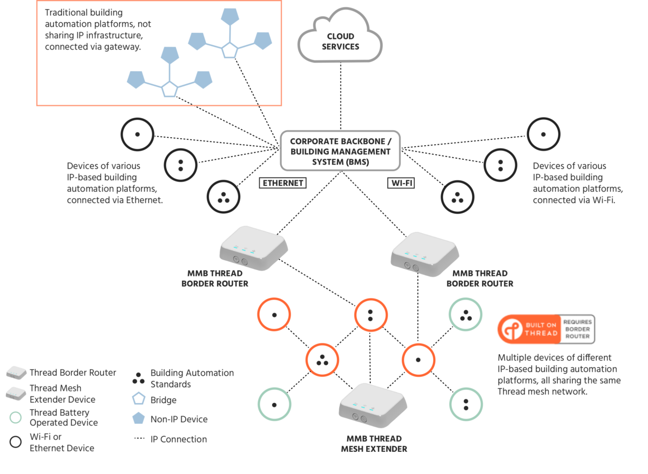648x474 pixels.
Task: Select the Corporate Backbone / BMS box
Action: click(x=340, y=151)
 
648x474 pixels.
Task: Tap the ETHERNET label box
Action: click(x=282, y=183)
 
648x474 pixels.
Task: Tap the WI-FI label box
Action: click(x=401, y=183)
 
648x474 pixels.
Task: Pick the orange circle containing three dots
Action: click(x=322, y=360)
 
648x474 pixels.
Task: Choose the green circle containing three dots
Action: click(x=466, y=315)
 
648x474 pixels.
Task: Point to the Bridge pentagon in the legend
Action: click(x=139, y=399)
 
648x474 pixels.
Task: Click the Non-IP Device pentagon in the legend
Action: click(x=139, y=418)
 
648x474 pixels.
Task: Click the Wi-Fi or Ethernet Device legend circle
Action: click(x=16, y=442)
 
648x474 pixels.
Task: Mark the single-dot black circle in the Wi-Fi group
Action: click(x=543, y=134)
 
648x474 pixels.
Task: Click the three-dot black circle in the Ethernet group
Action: click(x=223, y=197)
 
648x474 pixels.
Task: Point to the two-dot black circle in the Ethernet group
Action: click(x=180, y=165)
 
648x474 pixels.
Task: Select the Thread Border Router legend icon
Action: click(x=16, y=373)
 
